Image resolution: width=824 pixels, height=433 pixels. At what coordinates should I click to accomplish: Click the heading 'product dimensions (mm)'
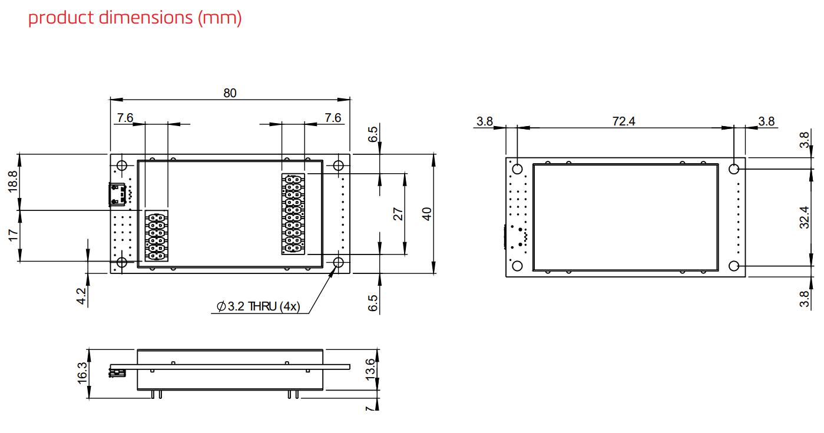click(x=135, y=18)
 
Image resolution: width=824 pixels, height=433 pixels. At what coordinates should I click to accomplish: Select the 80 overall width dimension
click(x=230, y=93)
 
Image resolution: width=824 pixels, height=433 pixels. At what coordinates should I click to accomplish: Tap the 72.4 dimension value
click(x=624, y=121)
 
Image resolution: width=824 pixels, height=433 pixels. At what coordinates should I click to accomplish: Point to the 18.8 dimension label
click(x=12, y=181)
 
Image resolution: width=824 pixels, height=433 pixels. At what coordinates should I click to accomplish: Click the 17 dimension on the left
click(x=12, y=236)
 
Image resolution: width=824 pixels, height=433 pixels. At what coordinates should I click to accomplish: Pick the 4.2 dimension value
click(x=81, y=296)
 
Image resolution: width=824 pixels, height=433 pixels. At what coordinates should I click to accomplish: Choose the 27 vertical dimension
click(x=398, y=214)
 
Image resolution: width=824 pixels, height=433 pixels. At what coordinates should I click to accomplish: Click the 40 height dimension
click(x=426, y=214)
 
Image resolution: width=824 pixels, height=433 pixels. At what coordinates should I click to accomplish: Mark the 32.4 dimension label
click(x=805, y=217)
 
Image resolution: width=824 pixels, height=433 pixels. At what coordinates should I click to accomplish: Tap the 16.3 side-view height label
click(x=82, y=373)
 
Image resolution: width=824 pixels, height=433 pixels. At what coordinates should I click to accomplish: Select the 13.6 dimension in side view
click(x=370, y=369)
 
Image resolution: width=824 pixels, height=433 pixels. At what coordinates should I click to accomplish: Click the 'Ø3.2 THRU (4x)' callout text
click(x=258, y=306)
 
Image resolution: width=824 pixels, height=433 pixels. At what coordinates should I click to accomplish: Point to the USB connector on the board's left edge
click(x=118, y=194)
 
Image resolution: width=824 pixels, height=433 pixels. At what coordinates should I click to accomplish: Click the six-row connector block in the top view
click(x=156, y=236)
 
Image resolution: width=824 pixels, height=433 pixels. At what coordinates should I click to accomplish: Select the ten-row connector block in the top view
click(x=293, y=214)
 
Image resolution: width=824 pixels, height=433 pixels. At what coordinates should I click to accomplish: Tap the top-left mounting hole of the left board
click(x=122, y=166)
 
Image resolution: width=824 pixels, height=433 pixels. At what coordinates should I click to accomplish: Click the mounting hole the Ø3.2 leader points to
click(x=338, y=262)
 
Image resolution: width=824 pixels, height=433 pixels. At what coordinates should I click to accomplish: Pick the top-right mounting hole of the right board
click(x=733, y=169)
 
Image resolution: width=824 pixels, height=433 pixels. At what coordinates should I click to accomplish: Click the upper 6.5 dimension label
click(x=373, y=134)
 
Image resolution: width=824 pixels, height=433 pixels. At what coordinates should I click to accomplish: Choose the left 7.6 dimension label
click(x=125, y=118)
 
